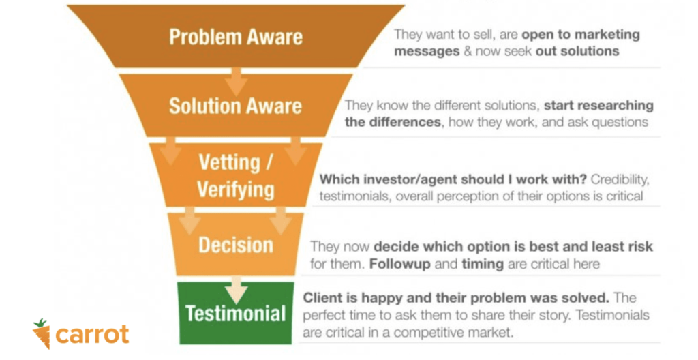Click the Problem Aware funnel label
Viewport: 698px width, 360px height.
coord(236,36)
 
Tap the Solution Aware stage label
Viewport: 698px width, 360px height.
coord(235,106)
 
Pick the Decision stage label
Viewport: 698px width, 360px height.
coord(236,245)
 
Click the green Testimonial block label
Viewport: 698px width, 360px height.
coord(236,314)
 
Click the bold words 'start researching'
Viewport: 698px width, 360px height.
coord(599,106)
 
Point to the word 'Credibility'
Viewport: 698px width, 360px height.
coord(622,180)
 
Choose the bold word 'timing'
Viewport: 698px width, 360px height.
coord(451,263)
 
